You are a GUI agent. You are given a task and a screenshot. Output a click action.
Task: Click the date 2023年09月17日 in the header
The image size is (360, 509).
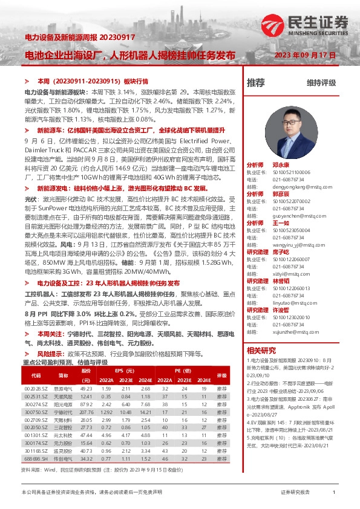point(305,55)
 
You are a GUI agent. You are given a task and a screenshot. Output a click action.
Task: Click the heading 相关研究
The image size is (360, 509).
point(261,350)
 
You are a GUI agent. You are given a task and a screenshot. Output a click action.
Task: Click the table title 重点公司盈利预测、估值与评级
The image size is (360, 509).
point(65,362)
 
